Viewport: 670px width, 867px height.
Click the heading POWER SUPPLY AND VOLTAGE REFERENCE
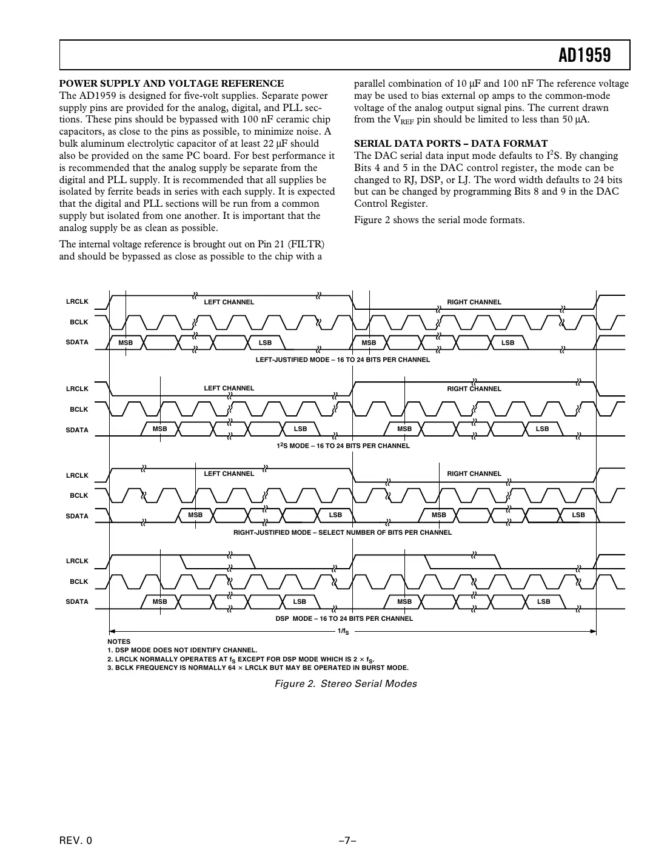(171, 84)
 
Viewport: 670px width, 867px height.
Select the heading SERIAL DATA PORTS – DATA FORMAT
(451, 144)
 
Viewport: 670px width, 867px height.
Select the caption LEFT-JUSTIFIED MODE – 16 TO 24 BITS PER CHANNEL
(343, 360)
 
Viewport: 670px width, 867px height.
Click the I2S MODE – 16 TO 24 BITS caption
(343, 446)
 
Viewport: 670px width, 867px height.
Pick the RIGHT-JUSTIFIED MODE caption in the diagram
(343, 532)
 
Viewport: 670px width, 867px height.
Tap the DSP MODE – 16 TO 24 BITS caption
(344, 618)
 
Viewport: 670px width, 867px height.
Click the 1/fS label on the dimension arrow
(343, 632)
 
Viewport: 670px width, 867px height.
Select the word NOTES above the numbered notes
(119, 641)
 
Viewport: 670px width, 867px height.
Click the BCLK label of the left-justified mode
(79, 322)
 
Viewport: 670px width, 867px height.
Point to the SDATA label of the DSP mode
(77, 601)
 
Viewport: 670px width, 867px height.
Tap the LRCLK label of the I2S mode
(77, 389)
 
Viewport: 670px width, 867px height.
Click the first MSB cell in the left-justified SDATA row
(126, 343)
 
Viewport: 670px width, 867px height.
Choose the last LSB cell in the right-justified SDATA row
(578, 515)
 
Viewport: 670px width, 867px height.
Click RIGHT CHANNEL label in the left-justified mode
(474, 302)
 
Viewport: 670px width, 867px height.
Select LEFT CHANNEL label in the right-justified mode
(229, 474)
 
